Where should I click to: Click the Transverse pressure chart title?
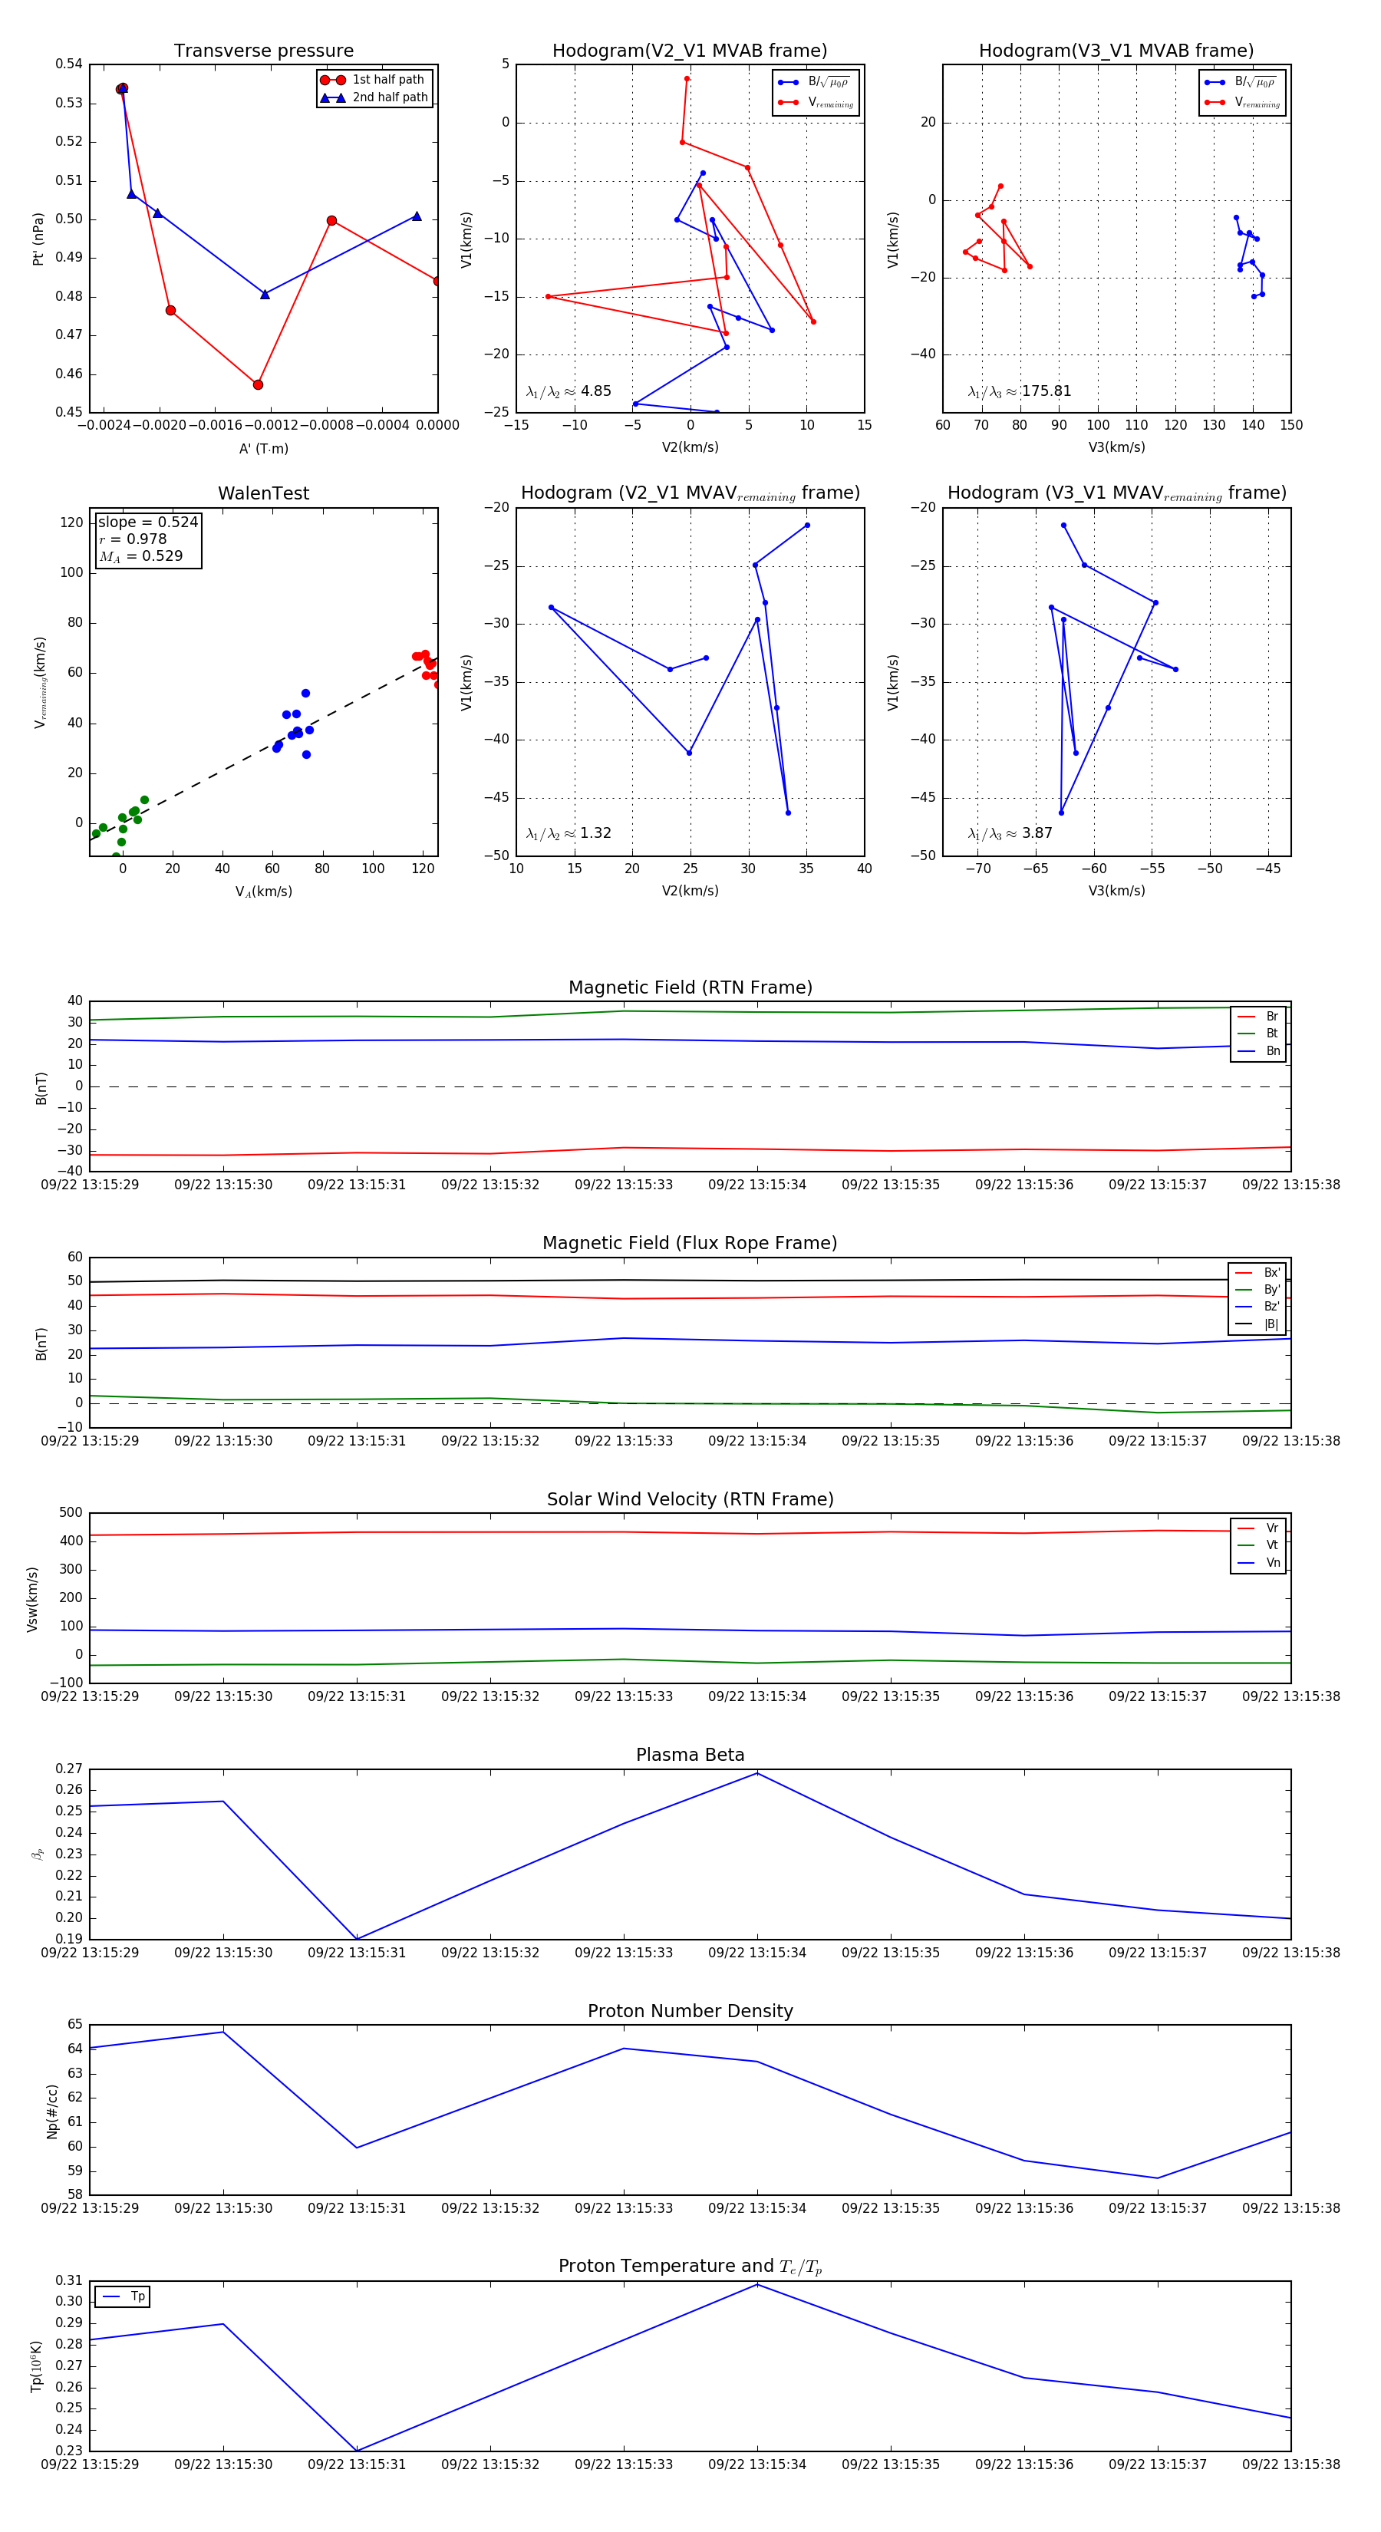(x=263, y=51)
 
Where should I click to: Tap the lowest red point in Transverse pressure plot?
(x=258, y=384)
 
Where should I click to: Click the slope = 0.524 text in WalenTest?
(x=147, y=522)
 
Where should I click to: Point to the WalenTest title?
(x=263, y=493)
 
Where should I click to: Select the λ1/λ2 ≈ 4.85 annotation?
(x=568, y=391)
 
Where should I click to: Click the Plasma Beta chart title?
(x=690, y=1756)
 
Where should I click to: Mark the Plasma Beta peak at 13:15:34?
(x=756, y=1773)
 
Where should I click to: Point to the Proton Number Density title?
(x=690, y=2011)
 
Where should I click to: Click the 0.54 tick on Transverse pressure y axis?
(x=69, y=64)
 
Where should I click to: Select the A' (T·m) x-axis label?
(x=263, y=448)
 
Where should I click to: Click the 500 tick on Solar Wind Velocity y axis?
(x=71, y=1513)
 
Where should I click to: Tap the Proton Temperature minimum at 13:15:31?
(x=357, y=2451)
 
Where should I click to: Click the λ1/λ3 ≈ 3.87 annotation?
(x=1010, y=833)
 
